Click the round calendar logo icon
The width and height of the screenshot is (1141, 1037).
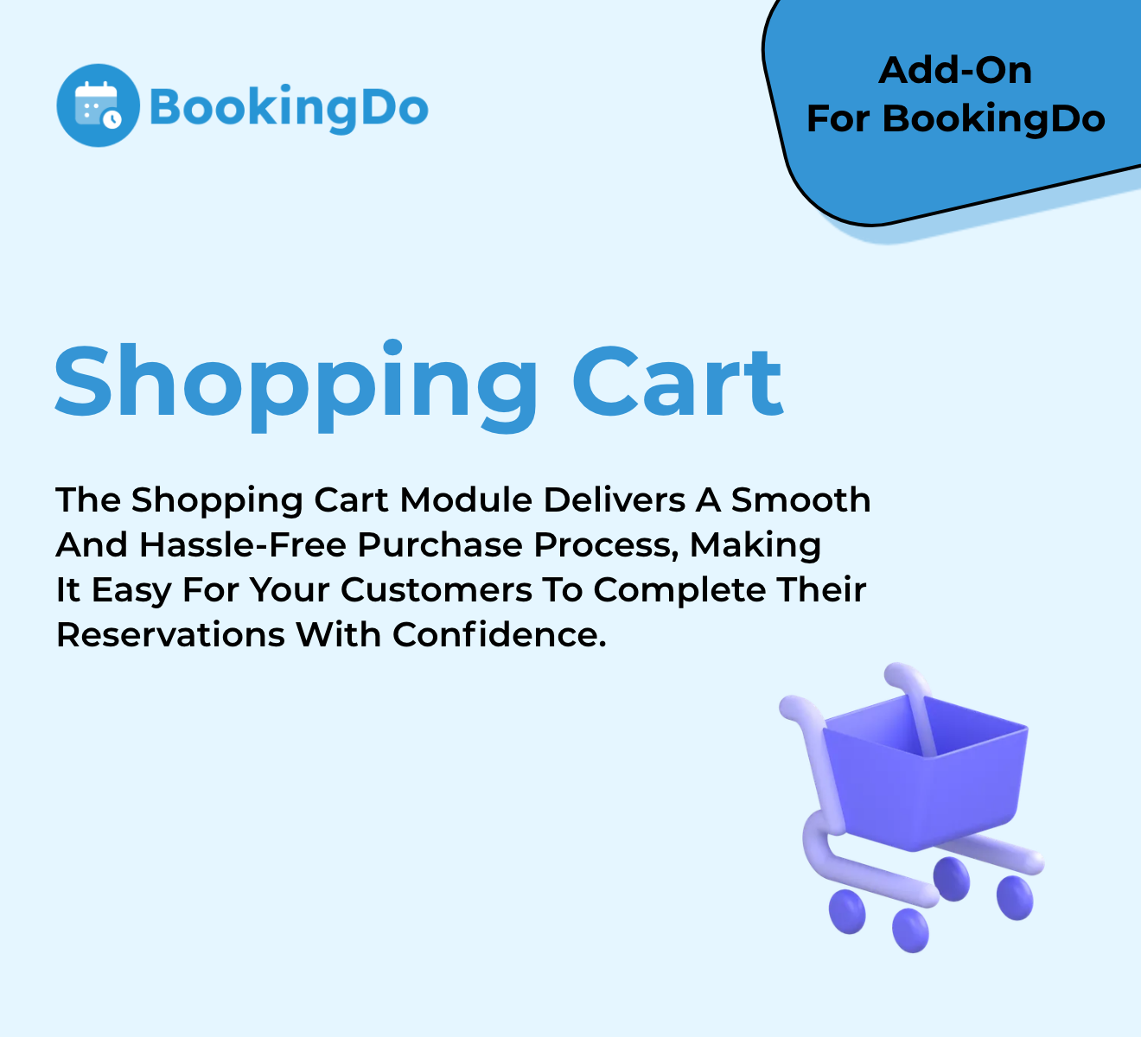(98, 105)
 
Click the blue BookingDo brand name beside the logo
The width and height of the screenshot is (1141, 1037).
(289, 109)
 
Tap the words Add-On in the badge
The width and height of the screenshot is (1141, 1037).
(955, 71)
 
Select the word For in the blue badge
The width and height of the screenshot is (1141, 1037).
(838, 119)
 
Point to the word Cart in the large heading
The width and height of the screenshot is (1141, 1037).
(678, 381)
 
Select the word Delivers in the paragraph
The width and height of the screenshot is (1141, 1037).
(615, 499)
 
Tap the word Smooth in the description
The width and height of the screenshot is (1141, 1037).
(801, 499)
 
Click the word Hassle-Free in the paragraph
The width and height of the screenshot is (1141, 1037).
(243, 544)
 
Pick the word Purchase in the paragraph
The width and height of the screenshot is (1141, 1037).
(440, 544)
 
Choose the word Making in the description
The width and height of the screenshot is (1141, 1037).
(755, 546)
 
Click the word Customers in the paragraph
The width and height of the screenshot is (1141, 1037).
(437, 589)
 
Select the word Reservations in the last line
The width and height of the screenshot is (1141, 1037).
(170, 634)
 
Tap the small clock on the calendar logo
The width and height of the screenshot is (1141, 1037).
(112, 119)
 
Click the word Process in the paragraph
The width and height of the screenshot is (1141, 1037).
(606, 545)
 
